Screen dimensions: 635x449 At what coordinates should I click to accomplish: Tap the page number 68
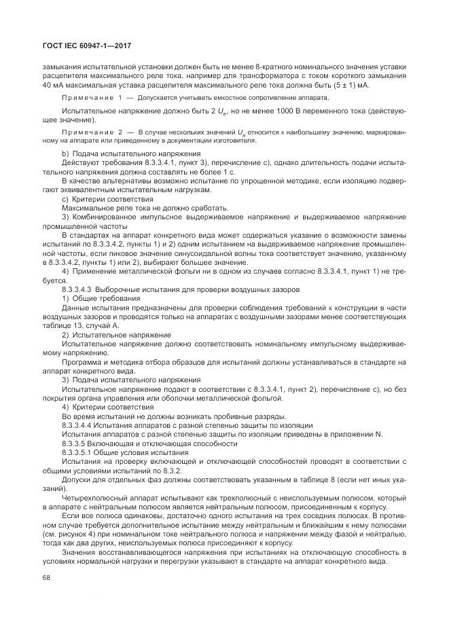click(x=47, y=578)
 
